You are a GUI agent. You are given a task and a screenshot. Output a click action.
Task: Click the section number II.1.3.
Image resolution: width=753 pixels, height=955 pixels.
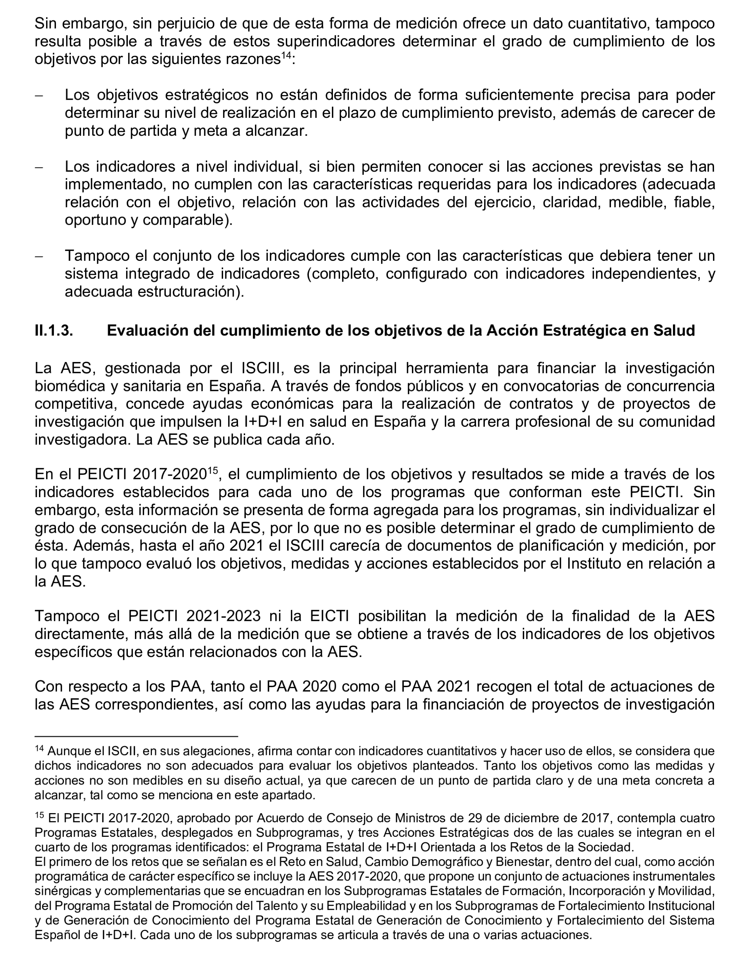tap(54, 330)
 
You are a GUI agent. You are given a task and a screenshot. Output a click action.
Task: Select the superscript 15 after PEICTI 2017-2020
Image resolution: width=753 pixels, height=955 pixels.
tap(213, 471)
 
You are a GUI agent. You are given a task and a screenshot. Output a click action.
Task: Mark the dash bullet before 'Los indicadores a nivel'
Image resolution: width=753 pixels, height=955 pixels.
tap(39, 168)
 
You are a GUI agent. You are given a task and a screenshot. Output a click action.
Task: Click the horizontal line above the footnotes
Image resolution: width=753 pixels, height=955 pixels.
tap(136, 736)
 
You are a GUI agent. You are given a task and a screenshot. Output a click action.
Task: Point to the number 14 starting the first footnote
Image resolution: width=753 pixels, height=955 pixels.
tap(39, 749)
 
